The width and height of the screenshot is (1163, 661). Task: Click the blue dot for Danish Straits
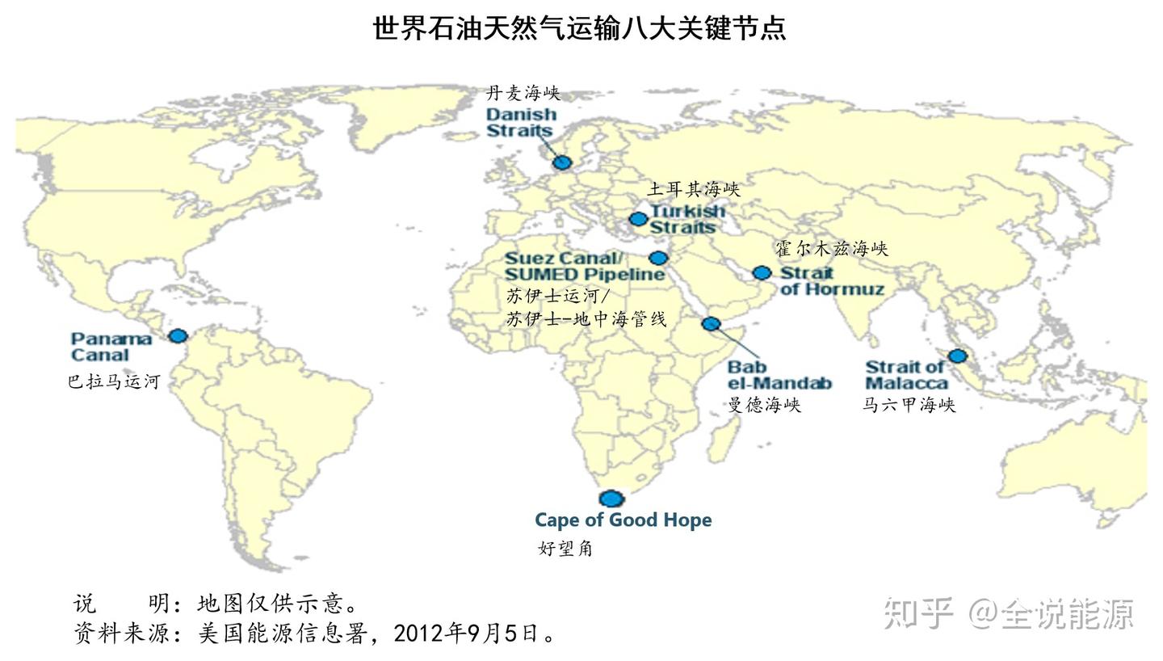click(x=562, y=162)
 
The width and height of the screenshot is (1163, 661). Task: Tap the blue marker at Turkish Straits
click(x=638, y=218)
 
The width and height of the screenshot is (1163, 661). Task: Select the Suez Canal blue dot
click(x=658, y=258)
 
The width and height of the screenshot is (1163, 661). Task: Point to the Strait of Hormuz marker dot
click(x=762, y=273)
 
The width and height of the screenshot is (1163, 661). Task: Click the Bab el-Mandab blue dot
click(x=711, y=324)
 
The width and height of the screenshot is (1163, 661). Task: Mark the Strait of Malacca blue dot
click(x=957, y=356)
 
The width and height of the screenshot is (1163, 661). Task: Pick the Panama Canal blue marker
click(x=178, y=335)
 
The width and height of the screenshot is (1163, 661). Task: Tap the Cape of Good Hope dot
click(x=611, y=499)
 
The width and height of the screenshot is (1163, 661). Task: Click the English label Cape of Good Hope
click(x=623, y=520)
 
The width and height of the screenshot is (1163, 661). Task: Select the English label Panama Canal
click(x=111, y=347)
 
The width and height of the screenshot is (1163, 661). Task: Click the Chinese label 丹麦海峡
click(x=523, y=93)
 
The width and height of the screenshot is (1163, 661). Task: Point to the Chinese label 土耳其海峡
click(x=693, y=189)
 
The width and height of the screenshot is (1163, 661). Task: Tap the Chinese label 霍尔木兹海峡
click(x=831, y=249)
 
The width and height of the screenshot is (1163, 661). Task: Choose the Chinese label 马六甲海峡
click(x=909, y=405)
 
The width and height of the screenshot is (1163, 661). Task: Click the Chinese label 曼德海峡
click(x=764, y=405)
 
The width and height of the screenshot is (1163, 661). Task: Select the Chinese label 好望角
click(x=565, y=549)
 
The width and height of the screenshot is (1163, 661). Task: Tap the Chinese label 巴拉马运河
click(x=114, y=381)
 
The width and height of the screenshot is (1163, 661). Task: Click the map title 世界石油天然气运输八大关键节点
click(x=579, y=28)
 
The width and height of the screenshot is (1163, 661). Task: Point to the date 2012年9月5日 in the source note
click(x=466, y=633)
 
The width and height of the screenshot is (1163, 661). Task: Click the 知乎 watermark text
click(x=919, y=613)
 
